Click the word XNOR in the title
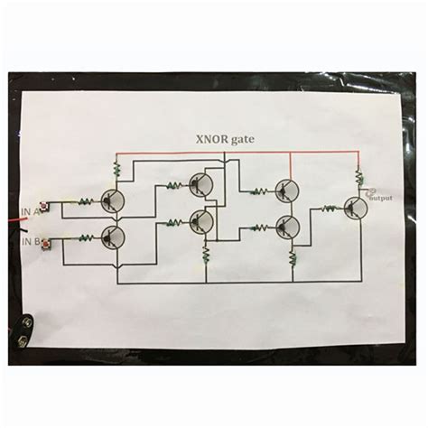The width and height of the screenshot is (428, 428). point(207,139)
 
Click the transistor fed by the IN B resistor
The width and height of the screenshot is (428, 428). point(113,237)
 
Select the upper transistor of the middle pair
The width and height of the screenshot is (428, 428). point(201,186)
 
